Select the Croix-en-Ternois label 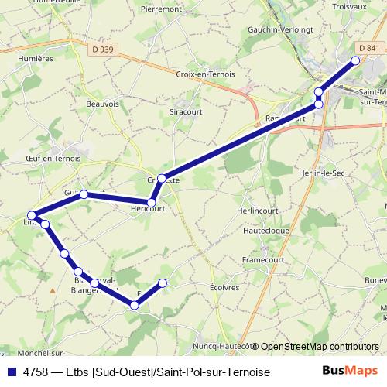pyautogui.click(x=205, y=75)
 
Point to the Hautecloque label pyautogui.click(x=265, y=231)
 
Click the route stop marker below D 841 pyautogui.click(x=356, y=60)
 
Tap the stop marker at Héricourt pyautogui.click(x=152, y=203)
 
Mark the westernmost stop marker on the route pyautogui.click(x=32, y=215)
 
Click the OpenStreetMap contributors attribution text pyautogui.click(x=319, y=346)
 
